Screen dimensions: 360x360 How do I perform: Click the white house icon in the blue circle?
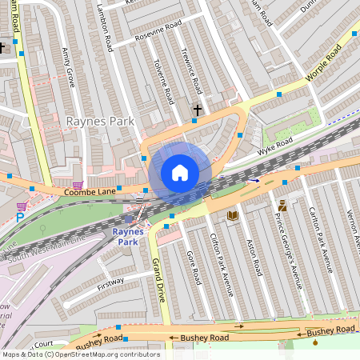pyautogui.click(x=180, y=173)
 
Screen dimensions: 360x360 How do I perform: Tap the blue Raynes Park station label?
pyautogui.click(x=125, y=236)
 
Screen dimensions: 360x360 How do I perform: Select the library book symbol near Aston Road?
pyautogui.click(x=233, y=215)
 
